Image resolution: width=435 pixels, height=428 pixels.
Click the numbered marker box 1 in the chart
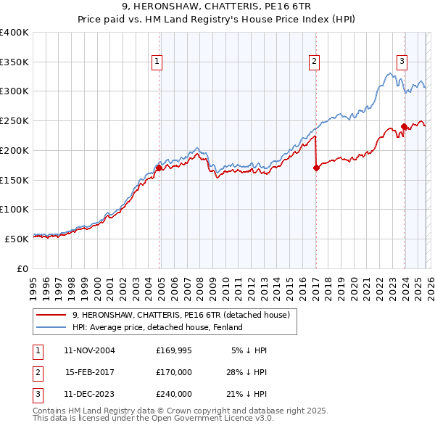click(x=157, y=62)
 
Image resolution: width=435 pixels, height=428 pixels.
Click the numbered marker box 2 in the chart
click(x=314, y=62)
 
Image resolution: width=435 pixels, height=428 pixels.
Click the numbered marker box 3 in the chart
click(x=401, y=62)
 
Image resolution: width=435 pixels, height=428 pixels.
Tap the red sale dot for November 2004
click(x=159, y=168)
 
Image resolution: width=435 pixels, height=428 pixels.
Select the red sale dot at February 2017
click(x=316, y=168)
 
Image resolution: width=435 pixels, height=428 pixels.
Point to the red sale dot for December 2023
click(x=404, y=126)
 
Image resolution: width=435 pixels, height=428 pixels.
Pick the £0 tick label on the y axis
click(x=22, y=268)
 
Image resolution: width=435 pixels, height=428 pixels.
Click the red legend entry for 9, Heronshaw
click(x=181, y=315)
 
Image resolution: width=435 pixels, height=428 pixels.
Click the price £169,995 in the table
click(x=173, y=350)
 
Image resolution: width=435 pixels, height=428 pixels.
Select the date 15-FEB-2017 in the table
click(x=90, y=372)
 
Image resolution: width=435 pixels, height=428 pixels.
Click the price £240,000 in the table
click(x=173, y=394)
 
